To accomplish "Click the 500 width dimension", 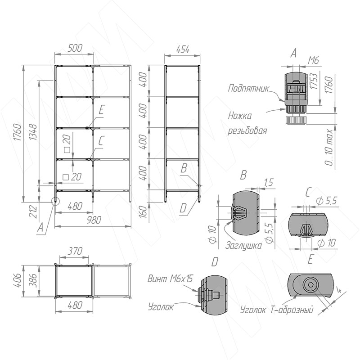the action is (x=75, y=48).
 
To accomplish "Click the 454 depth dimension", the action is (x=183, y=49).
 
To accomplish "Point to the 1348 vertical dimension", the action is (x=33, y=132).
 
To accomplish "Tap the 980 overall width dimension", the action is (x=94, y=220).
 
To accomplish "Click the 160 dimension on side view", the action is (x=143, y=211).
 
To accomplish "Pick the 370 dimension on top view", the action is (x=75, y=251).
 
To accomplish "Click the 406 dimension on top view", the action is (x=18, y=280).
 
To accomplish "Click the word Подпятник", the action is (x=248, y=88).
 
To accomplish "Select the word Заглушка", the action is (x=243, y=245).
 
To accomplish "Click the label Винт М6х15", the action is (x=170, y=279).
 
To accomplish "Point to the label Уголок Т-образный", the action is (x=277, y=310).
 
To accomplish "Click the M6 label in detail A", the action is (x=313, y=61).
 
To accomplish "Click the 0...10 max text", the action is (x=329, y=148).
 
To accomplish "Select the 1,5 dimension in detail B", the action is (x=268, y=183).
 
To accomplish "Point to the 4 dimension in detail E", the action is (x=339, y=291).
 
